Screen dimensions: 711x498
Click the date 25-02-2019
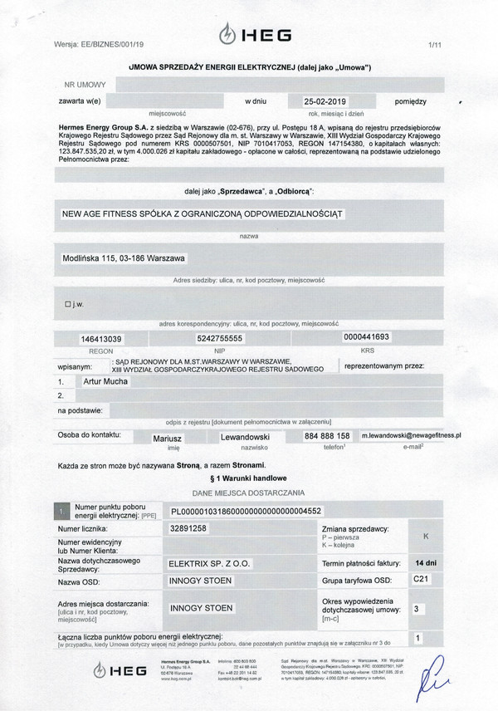305,101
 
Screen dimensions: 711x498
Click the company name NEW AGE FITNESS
203,213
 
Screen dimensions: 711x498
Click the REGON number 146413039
101,339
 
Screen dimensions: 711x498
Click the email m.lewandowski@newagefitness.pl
412,434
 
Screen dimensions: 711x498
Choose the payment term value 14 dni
426,562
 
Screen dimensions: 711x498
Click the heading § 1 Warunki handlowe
248,479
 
